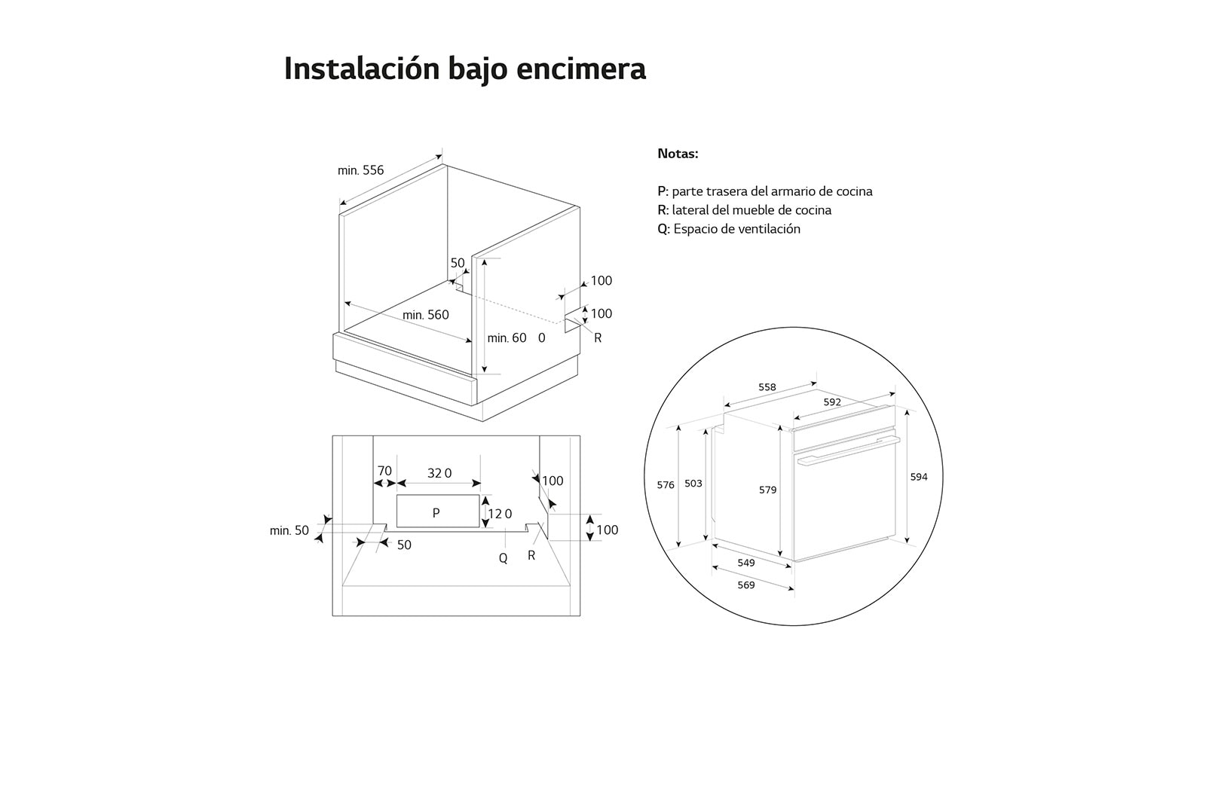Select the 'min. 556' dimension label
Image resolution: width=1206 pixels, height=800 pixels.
360,170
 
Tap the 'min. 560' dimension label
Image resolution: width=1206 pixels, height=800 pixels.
425,315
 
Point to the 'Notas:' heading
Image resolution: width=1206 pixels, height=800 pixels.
678,154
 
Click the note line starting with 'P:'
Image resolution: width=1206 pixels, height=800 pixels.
764,191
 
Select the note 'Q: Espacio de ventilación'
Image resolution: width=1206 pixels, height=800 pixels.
728,229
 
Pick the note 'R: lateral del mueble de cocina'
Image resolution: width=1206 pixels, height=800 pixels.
744,210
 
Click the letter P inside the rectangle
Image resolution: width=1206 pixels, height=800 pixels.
436,513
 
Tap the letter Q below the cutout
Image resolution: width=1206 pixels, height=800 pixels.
503,558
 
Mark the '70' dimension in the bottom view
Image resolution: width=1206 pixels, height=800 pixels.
384,471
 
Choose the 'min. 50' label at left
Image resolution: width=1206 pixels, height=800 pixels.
289,530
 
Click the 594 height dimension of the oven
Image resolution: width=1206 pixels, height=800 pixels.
919,477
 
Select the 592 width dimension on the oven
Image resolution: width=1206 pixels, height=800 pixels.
831,402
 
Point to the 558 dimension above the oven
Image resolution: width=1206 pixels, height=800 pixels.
767,387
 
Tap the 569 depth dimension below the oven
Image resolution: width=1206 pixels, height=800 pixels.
745,585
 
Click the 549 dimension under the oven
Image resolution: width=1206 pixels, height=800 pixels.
745,563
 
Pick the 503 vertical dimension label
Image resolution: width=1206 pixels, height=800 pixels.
693,484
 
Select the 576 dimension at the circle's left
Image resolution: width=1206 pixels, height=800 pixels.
665,485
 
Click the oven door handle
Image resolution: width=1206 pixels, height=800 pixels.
848,450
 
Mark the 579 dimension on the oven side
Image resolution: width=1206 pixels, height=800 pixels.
767,490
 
